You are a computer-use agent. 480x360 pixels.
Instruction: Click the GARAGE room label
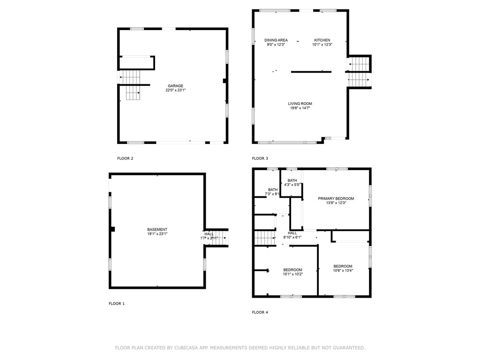pyautogui.click(x=175, y=86)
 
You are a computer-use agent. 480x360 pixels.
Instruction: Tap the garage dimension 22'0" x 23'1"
pyautogui.click(x=175, y=90)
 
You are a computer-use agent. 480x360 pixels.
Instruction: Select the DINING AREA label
pyautogui.click(x=276, y=40)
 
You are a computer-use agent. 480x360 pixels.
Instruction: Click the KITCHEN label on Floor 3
pyautogui.click(x=322, y=40)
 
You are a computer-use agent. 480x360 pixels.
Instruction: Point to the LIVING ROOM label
pyautogui.click(x=300, y=104)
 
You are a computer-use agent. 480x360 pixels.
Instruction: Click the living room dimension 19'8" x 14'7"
pyautogui.click(x=300, y=108)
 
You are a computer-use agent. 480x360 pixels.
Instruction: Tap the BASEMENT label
pyautogui.click(x=157, y=229)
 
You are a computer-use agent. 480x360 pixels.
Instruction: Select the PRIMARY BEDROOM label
pyautogui.click(x=336, y=198)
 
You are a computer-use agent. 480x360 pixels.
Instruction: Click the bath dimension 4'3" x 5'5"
pyautogui.click(x=292, y=185)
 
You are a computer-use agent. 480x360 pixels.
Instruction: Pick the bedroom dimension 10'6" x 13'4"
pyautogui.click(x=343, y=270)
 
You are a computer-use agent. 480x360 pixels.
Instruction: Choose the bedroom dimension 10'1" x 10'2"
pyautogui.click(x=292, y=274)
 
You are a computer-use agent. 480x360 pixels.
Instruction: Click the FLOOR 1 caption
pyautogui.click(x=117, y=304)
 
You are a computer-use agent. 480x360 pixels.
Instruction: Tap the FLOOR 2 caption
pyautogui.click(x=125, y=158)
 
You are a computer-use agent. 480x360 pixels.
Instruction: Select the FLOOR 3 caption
pyautogui.click(x=260, y=158)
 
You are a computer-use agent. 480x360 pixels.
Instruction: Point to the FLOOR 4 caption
pyautogui.click(x=260, y=312)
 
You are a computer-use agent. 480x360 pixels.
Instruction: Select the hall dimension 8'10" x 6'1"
pyautogui.click(x=292, y=237)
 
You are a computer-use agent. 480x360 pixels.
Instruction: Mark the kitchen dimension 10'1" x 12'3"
pyautogui.click(x=322, y=45)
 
